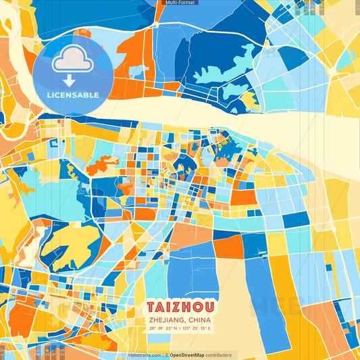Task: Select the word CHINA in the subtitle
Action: tap(199, 319)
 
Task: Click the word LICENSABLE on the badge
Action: tap(73, 94)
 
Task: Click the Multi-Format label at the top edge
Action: tap(180, 3)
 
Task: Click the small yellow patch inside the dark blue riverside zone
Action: tap(249, 101)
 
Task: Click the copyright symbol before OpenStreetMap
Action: tap(166, 355)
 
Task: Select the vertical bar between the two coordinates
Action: tap(180, 328)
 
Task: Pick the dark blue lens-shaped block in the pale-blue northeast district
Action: tap(293, 57)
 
